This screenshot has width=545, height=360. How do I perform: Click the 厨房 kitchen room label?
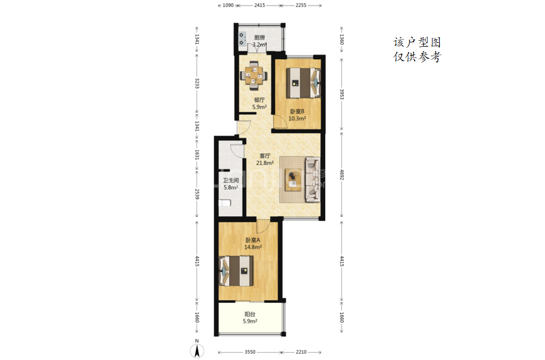[x=259, y=37]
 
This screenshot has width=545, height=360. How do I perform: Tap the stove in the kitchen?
[x=242, y=40]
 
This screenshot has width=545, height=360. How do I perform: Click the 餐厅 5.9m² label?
[x=259, y=104]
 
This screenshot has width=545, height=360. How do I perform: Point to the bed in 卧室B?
[x=303, y=83]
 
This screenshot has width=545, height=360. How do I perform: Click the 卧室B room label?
[x=297, y=111]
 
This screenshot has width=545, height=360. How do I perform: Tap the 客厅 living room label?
[x=265, y=156]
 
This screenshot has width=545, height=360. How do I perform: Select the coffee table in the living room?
[x=293, y=179]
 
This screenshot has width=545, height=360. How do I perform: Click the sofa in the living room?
[x=313, y=179]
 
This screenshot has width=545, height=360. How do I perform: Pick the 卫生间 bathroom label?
[x=231, y=180]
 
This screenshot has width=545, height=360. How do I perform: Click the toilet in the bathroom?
[x=225, y=203]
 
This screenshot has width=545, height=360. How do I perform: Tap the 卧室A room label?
[x=253, y=240]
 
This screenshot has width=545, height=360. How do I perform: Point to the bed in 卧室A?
[x=236, y=271]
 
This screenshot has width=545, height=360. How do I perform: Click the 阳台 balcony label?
[x=250, y=314]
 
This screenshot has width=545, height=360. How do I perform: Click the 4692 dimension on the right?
[x=342, y=175]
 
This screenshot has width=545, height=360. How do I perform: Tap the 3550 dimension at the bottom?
[x=250, y=352]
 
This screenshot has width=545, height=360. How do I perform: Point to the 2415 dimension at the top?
[x=260, y=5]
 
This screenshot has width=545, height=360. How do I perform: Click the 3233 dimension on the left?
[x=197, y=83]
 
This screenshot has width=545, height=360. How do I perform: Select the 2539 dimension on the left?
[x=197, y=194]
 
